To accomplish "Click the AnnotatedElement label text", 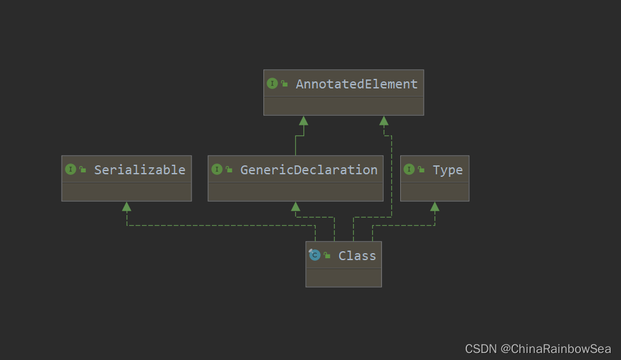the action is click(x=356, y=84).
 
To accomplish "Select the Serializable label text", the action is click(x=139, y=170).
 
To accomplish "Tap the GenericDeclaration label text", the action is click(x=309, y=170).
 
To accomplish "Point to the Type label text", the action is click(x=447, y=170).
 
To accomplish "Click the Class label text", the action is click(x=357, y=256).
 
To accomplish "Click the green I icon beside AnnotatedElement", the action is click(x=272, y=83).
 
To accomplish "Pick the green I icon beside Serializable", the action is click(x=71, y=169).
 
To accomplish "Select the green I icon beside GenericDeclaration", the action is click(x=216, y=169).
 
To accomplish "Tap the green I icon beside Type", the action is click(x=409, y=169).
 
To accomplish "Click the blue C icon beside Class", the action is click(x=314, y=254).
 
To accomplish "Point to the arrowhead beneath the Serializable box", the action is click(x=127, y=206).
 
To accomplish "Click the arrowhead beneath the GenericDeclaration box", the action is click(x=295, y=206).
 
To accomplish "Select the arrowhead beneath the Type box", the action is click(x=435, y=206).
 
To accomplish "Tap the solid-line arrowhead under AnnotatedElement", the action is click(x=304, y=121).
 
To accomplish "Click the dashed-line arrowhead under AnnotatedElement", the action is click(x=384, y=121).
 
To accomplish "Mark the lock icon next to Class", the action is click(x=327, y=255).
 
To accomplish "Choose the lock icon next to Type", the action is click(x=421, y=169).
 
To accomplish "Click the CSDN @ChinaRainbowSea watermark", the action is click(x=538, y=349).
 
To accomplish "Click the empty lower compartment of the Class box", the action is click(x=344, y=277).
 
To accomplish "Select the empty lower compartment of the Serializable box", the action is click(x=127, y=192).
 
